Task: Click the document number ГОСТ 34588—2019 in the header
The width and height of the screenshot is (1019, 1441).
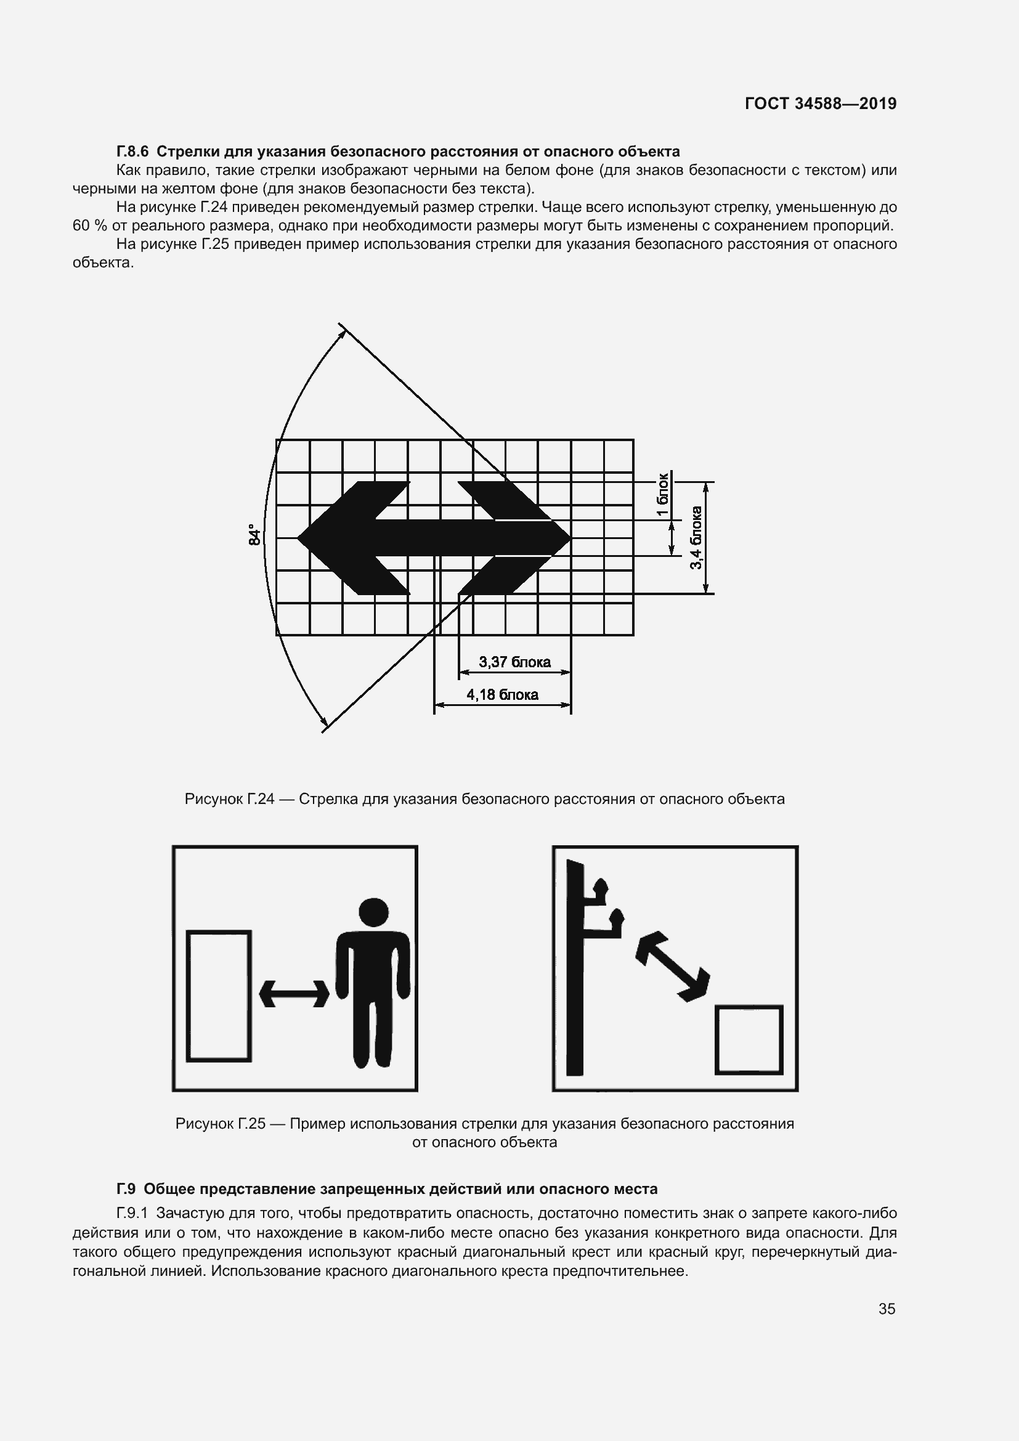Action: pos(821,104)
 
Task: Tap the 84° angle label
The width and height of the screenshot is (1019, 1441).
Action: pos(254,534)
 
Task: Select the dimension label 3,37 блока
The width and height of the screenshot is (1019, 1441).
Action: pos(514,662)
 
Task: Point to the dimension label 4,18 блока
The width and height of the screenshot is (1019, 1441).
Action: pos(502,694)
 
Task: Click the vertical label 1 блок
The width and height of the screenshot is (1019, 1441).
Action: pos(664,495)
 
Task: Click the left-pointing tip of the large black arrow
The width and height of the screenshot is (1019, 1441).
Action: pos(298,538)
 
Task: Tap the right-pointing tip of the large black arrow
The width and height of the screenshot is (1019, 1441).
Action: pos(570,538)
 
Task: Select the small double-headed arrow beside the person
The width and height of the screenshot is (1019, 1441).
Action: pos(294,994)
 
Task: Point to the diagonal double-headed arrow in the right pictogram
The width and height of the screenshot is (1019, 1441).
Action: pos(673,966)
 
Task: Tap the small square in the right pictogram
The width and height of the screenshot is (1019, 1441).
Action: pos(749,1040)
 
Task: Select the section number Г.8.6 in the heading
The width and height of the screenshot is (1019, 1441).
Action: pos(132,152)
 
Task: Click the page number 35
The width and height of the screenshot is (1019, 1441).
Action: pos(887,1309)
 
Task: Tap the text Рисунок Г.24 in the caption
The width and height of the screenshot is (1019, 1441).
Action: pos(230,799)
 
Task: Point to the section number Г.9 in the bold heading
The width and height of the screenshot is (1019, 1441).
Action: pos(126,1188)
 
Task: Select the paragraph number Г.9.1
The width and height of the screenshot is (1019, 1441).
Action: pos(132,1212)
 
